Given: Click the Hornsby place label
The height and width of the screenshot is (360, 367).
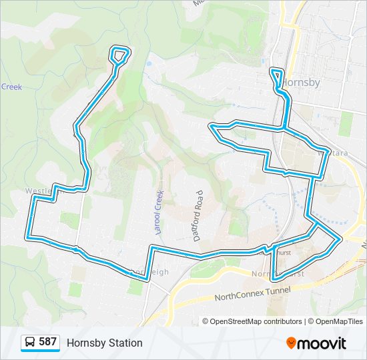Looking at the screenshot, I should (301, 83).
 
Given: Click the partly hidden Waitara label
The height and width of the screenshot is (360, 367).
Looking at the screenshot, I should (336, 153).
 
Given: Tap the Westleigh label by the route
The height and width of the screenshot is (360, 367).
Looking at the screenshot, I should (38, 191).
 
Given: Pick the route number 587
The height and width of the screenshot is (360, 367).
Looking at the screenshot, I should (47, 342).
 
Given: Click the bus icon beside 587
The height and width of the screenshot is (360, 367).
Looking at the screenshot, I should (31, 343).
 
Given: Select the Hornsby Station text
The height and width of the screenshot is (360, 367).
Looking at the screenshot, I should (104, 343).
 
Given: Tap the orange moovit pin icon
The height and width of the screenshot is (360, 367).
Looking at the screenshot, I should (291, 343).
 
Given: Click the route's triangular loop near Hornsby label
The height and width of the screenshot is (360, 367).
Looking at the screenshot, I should (277, 75).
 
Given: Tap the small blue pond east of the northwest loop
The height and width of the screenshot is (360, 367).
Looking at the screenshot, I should (148, 64).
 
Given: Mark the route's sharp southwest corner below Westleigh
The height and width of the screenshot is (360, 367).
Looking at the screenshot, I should (27, 237).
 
